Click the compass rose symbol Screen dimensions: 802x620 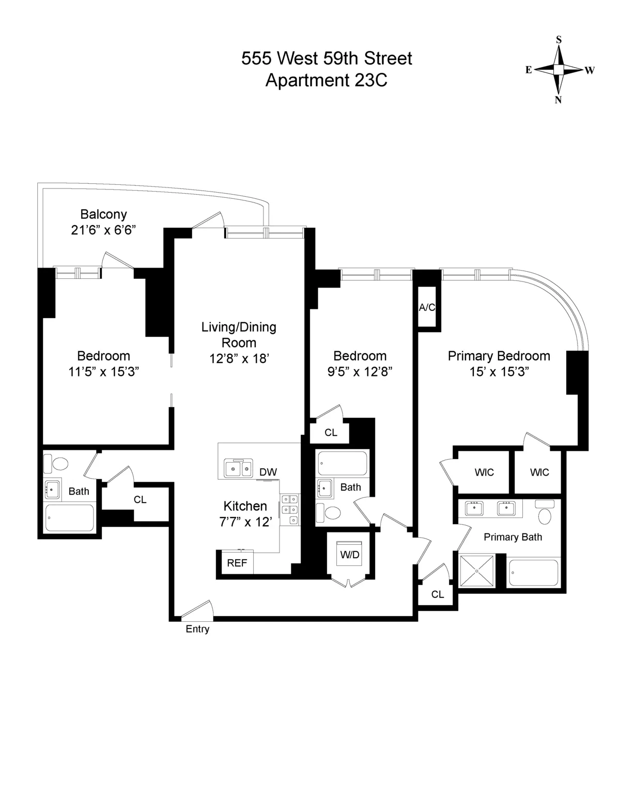(x=559, y=69)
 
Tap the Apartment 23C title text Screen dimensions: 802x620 (x=326, y=81)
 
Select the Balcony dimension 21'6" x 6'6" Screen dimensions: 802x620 (x=103, y=230)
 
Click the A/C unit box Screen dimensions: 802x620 (x=427, y=307)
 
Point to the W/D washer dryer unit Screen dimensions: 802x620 (x=350, y=555)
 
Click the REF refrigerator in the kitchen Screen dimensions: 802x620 (x=237, y=563)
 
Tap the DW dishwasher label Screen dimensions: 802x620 (x=268, y=471)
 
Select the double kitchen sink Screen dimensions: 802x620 (x=238, y=469)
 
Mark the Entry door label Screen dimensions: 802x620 (x=197, y=629)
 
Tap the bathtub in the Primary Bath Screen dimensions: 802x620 (x=534, y=573)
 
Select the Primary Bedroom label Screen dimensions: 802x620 (x=499, y=356)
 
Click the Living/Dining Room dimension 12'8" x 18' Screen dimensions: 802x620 (x=239, y=358)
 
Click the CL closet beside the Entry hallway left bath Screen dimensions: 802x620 (x=140, y=499)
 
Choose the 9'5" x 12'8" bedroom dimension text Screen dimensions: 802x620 (x=360, y=372)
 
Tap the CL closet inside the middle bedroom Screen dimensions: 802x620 (x=331, y=433)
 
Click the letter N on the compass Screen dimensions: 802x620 (x=559, y=100)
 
